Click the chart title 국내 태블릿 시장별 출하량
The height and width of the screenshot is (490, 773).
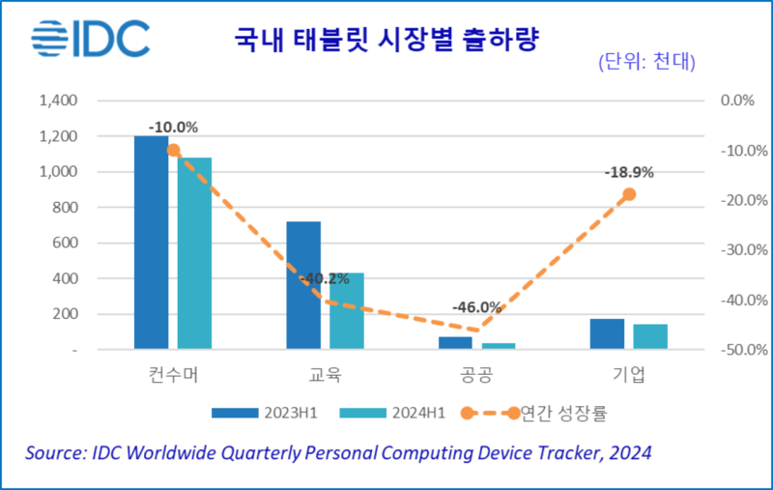(386, 40)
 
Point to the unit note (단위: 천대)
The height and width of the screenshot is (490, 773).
(646, 64)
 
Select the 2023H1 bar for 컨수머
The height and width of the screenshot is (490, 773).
(151, 242)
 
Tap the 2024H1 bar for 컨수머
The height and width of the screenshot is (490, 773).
(194, 252)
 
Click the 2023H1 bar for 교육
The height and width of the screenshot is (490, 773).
(303, 284)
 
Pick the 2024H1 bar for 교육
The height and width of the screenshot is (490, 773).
(347, 309)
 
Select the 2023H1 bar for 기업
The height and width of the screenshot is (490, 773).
(607, 333)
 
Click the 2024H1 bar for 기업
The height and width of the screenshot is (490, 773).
(650, 336)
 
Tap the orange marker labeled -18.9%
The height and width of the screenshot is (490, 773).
(629, 194)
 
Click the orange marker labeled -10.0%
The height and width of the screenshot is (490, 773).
(173, 150)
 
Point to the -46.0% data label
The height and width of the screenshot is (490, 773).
(476, 307)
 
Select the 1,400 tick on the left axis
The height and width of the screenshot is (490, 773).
(58, 101)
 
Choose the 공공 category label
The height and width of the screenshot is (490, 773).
(476, 373)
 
